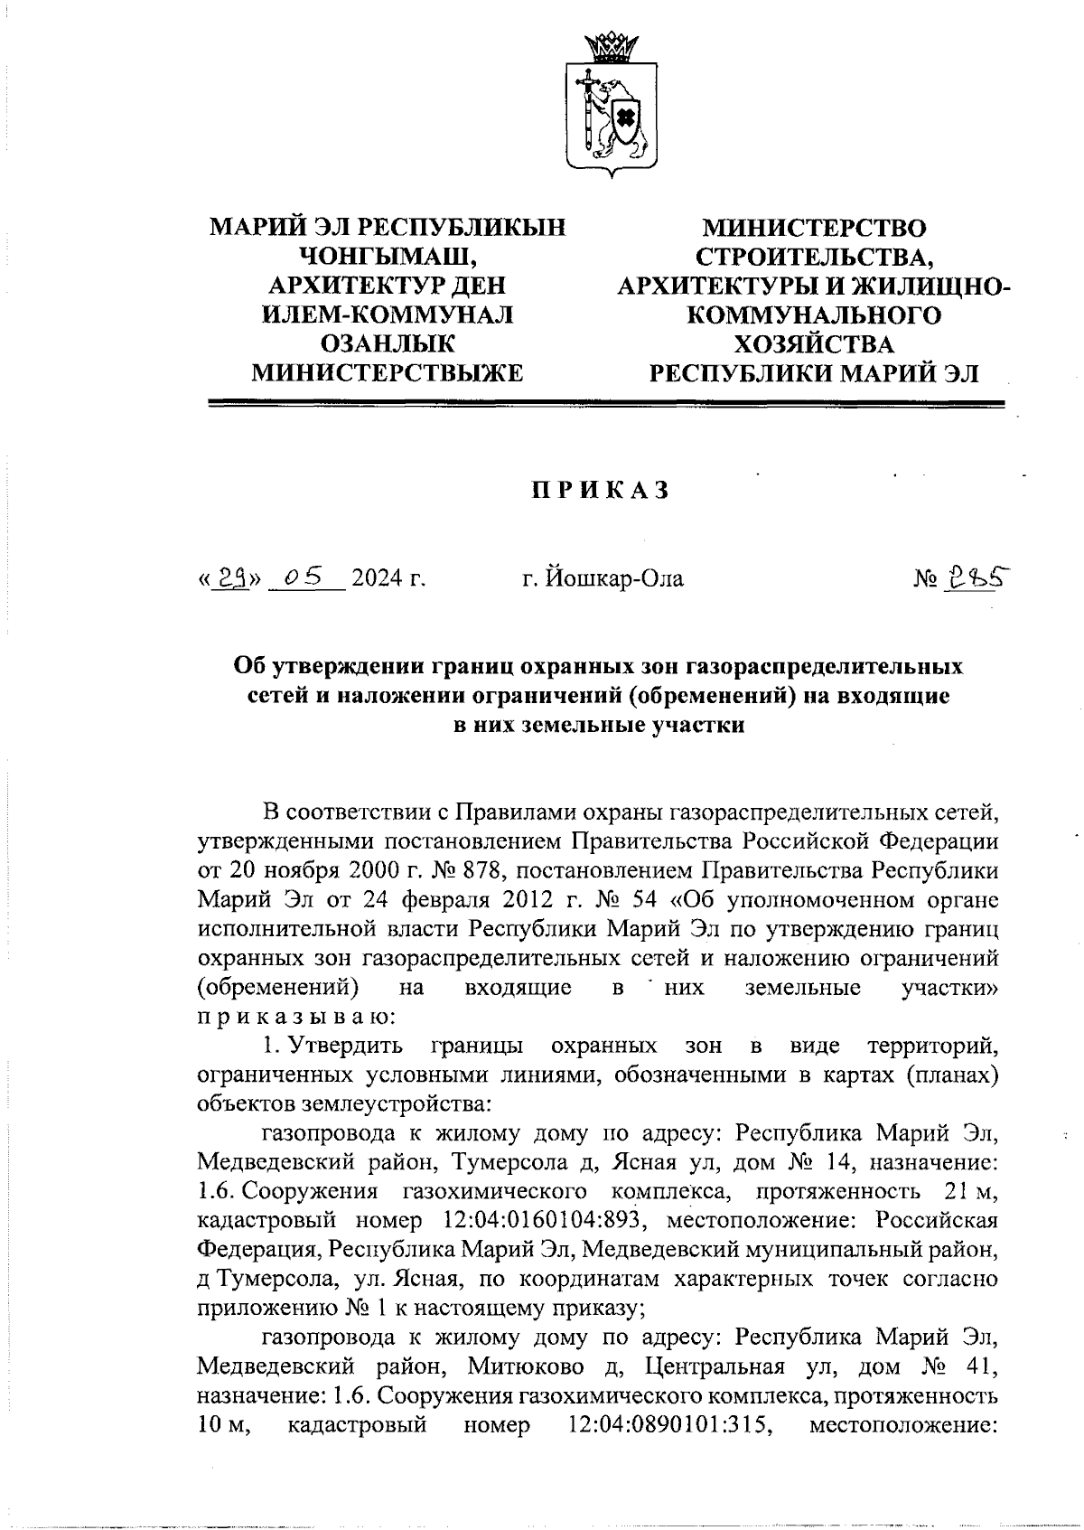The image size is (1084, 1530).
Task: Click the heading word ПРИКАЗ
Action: [x=599, y=490]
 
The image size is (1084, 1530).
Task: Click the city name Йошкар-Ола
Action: [x=603, y=577]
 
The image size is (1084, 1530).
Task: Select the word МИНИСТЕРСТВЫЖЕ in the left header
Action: [x=388, y=372]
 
